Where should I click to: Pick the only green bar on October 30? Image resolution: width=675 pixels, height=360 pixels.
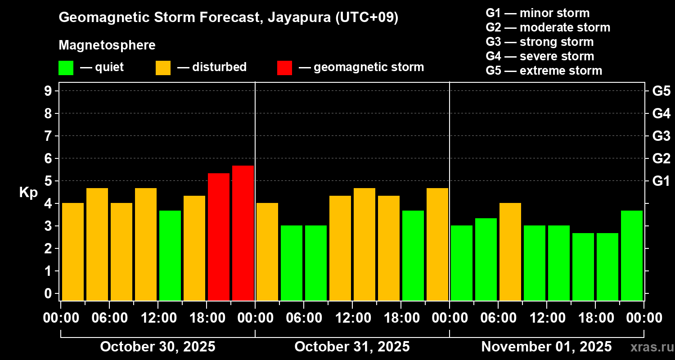[170, 256]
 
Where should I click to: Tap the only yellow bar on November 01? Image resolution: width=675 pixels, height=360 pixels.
[510, 252]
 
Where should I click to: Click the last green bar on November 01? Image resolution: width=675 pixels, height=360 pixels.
[632, 256]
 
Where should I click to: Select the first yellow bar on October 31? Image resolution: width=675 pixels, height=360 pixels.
[267, 252]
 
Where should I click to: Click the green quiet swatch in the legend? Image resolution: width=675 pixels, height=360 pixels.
[66, 67]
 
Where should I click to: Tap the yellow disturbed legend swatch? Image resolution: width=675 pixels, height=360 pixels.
[163, 67]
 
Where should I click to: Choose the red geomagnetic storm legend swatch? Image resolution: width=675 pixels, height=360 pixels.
[284, 67]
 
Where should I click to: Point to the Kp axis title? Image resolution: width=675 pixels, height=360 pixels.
[28, 193]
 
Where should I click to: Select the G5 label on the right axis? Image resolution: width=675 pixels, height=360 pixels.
[661, 91]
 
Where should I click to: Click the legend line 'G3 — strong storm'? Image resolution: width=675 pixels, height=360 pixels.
[540, 42]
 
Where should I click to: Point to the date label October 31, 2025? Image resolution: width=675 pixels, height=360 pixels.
[352, 346]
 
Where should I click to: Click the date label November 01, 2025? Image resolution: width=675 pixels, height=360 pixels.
[546, 346]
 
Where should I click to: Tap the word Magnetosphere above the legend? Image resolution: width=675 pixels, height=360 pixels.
[107, 45]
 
